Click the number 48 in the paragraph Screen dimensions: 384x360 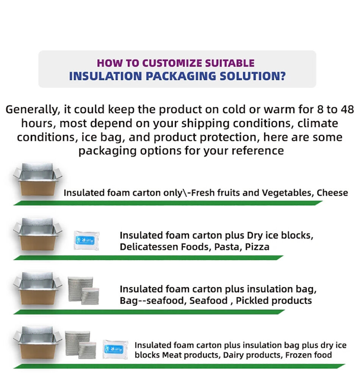click(x=346, y=110)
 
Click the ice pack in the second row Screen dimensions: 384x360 click(x=87, y=240)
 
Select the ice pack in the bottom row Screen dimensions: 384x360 click(x=116, y=349)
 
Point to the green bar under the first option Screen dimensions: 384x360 click(x=167, y=203)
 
